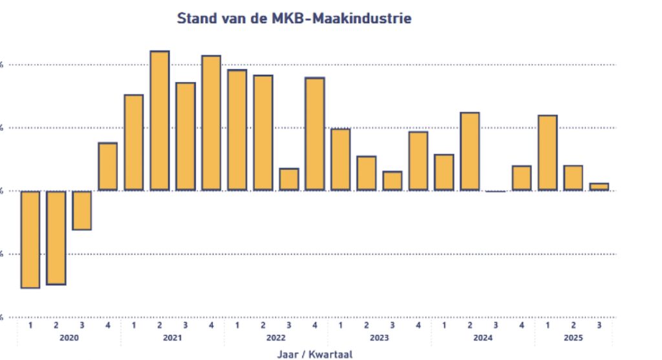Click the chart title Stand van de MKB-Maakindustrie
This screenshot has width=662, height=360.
click(294, 19)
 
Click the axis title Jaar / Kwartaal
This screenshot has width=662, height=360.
click(314, 354)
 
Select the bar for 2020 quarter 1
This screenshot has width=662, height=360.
click(30, 239)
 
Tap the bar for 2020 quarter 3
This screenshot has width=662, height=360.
click(82, 210)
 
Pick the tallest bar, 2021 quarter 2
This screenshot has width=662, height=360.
click(160, 121)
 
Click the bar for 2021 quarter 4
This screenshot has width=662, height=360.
click(211, 123)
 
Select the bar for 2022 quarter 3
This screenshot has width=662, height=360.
click(289, 180)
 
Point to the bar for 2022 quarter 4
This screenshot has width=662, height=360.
click(315, 134)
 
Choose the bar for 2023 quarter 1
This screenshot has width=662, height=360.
click(341, 160)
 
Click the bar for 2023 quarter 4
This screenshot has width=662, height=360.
click(418, 161)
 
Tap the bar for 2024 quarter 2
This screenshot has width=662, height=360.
click(470, 151)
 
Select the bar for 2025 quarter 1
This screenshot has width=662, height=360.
click(548, 153)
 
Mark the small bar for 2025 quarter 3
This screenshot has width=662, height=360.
click(599, 187)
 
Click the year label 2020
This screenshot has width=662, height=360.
click(69, 338)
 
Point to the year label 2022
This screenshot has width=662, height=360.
click(276, 338)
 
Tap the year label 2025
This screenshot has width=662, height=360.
click(573, 338)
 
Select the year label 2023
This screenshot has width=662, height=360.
click(379, 338)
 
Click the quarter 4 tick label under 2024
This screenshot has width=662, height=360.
click(522, 326)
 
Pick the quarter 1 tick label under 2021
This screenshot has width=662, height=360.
click(134, 326)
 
